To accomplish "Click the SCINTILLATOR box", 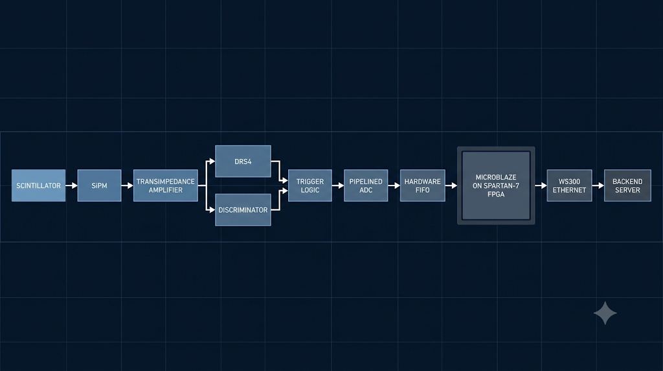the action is (x=38, y=185).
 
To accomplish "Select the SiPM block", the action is (x=99, y=185).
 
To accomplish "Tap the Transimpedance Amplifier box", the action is (x=165, y=185).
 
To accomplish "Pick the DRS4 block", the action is (x=243, y=162).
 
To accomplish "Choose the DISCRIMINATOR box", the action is (x=243, y=209).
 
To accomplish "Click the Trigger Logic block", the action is (x=310, y=185).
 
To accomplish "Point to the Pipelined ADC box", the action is (x=366, y=185).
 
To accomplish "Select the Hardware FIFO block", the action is (x=422, y=185).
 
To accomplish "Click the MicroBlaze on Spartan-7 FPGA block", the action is (x=496, y=185).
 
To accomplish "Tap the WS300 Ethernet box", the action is (x=569, y=185).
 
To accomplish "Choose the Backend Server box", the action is (x=627, y=185).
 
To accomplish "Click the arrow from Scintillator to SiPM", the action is (x=71, y=185).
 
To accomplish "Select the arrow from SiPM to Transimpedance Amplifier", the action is (x=128, y=185).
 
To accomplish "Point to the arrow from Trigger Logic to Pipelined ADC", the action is (x=338, y=185).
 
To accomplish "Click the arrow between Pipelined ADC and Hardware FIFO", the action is (x=394, y=185).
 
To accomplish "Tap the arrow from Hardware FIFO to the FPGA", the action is (x=451, y=185).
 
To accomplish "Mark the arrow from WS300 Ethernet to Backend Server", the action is (x=598, y=185).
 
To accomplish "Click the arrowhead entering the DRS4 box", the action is (x=212, y=162).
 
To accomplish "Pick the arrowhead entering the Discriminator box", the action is (x=212, y=209).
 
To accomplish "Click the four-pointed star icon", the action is (x=605, y=313).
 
